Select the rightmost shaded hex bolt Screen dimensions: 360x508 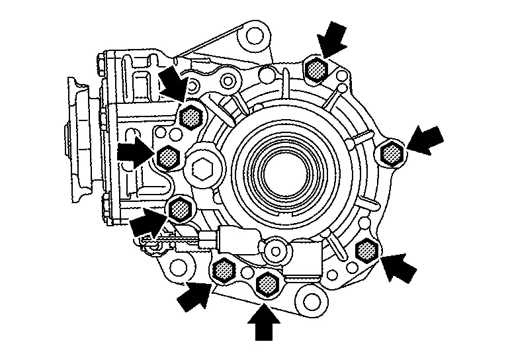click(394, 154)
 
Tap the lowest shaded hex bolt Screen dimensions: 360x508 click(268, 284)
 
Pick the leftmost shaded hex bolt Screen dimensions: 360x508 click(168, 157)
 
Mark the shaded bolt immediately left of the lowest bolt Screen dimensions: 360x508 click(225, 269)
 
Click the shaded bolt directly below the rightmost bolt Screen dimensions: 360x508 click(366, 250)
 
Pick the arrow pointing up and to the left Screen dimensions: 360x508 click(398, 267)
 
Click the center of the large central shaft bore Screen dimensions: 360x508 click(283, 171)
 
